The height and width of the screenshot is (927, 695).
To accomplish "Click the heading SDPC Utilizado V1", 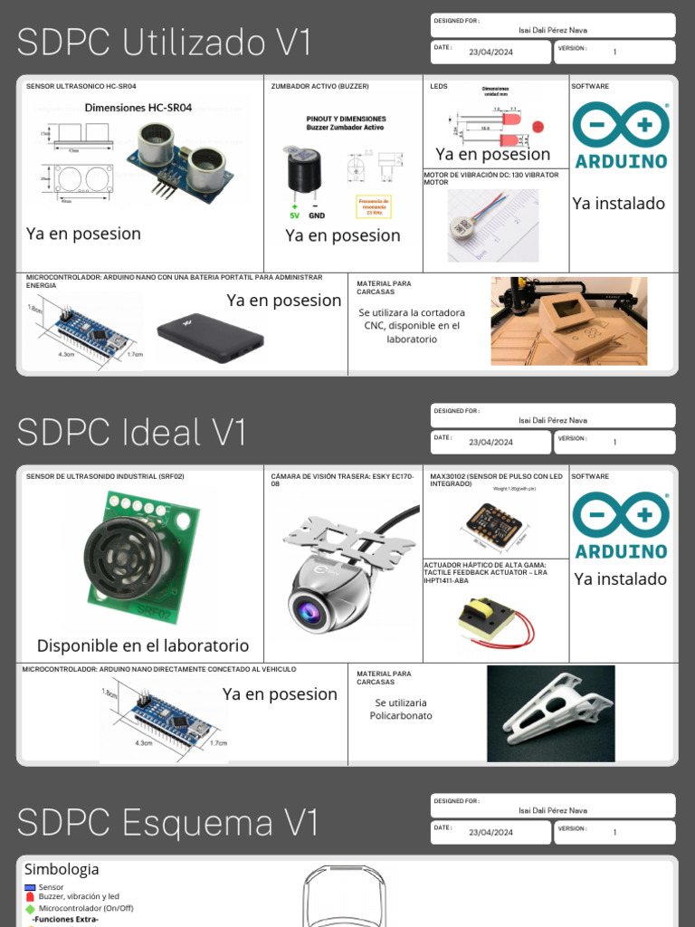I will [x=164, y=43].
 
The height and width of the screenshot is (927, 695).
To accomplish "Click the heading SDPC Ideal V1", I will [x=131, y=433].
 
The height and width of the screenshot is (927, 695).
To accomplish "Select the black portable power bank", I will [x=210, y=338].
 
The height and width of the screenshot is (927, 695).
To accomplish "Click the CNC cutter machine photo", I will [x=568, y=320].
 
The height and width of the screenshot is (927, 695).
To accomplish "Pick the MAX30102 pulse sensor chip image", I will [x=494, y=523].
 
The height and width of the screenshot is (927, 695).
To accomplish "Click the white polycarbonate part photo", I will [x=552, y=712].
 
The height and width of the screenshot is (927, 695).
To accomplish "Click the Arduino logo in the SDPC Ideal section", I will [x=621, y=526].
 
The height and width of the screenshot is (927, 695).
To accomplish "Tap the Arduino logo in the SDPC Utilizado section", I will [x=621, y=136].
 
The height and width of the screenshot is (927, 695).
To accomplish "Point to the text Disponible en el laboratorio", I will [x=143, y=645].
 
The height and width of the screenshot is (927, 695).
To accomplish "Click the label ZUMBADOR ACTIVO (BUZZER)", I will [x=319, y=87].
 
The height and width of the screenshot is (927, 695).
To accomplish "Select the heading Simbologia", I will [x=62, y=869].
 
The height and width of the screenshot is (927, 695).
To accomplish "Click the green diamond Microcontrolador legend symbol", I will [x=30, y=908].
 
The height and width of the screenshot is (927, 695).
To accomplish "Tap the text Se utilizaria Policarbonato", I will [x=401, y=709].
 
